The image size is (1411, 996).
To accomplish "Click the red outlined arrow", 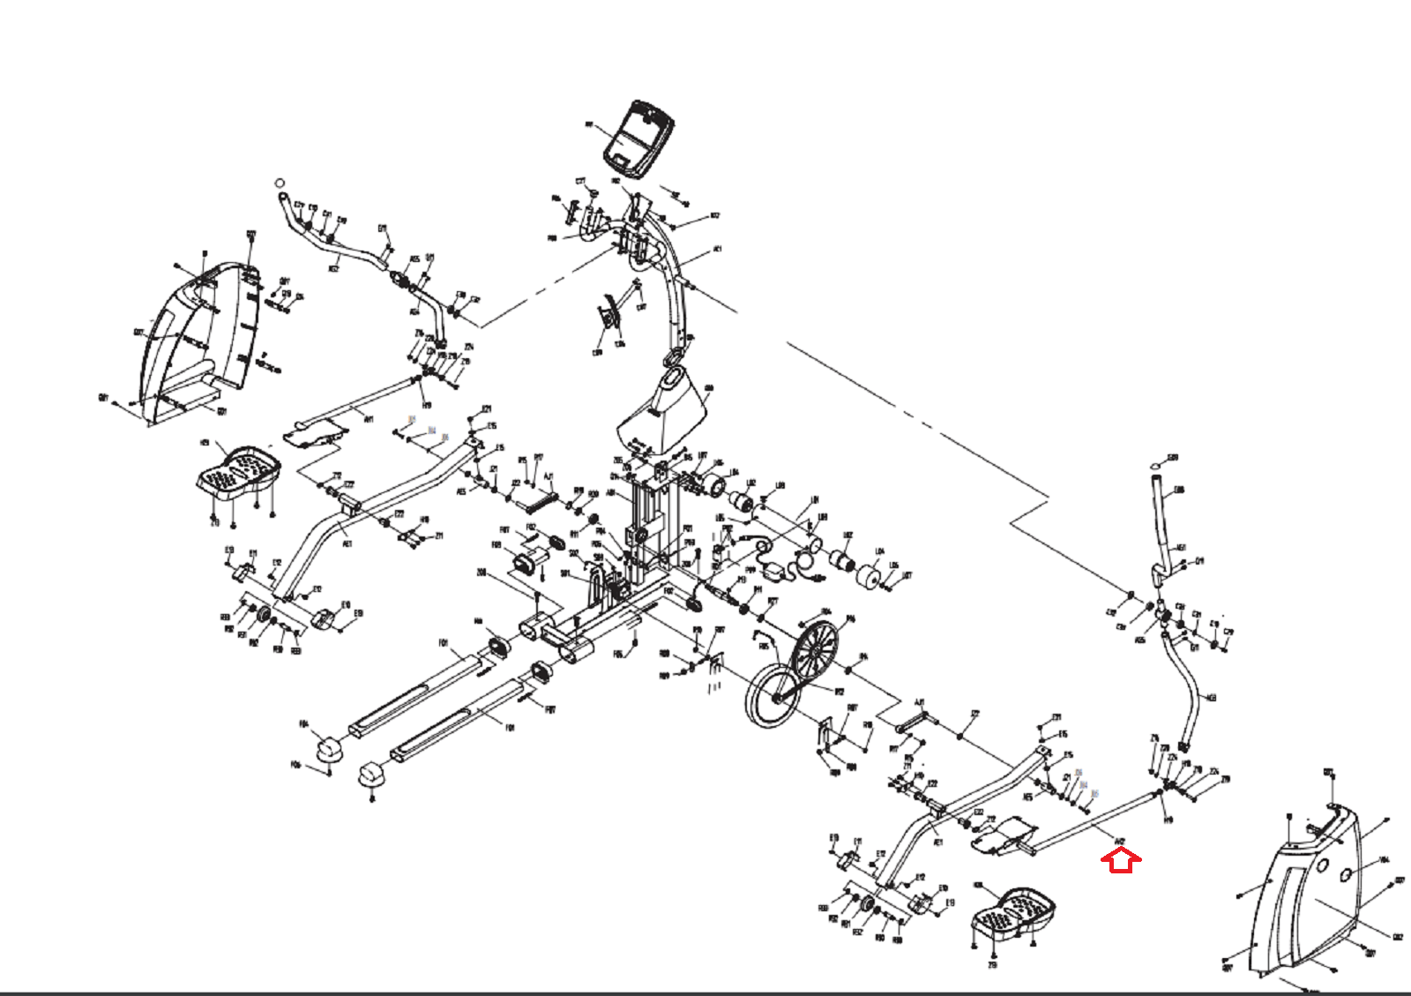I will coord(1121,859).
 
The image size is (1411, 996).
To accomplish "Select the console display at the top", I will coord(639,138).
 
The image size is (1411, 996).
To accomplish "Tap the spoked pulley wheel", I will coord(814,652).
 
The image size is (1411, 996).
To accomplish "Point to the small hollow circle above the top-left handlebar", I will coord(280,183).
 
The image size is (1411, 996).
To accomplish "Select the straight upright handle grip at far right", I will coord(1162,520).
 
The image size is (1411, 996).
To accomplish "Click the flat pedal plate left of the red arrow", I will coord(1003,835).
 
